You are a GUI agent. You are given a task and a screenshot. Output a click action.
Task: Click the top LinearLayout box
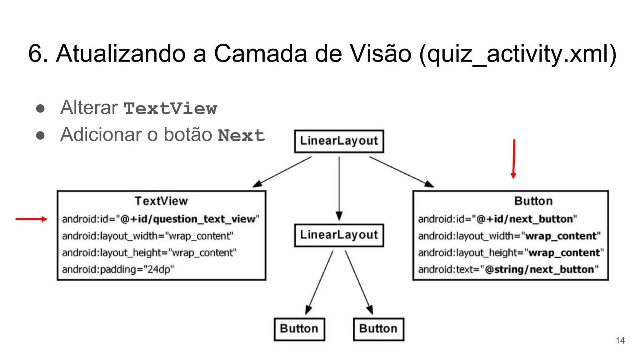[339, 141]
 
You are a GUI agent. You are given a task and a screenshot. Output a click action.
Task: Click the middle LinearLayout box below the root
[339, 235]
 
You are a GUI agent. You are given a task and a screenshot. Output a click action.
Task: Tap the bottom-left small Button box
[299, 329]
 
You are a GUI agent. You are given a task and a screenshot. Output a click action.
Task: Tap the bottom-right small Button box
[378, 329]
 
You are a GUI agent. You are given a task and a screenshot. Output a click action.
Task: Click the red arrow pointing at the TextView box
[31, 219]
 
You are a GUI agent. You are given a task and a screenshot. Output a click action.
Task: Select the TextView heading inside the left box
[161, 201]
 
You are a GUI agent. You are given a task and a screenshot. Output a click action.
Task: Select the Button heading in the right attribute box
[533, 201]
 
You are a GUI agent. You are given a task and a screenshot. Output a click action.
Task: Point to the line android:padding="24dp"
[118, 269]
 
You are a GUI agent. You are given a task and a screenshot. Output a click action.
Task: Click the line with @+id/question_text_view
[161, 219]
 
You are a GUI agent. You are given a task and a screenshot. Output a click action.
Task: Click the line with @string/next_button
[508, 269]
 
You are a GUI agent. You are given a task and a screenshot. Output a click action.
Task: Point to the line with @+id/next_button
[497, 219]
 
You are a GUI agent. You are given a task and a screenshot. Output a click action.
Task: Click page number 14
[620, 340]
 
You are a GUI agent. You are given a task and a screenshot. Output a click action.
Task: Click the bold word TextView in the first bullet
[170, 109]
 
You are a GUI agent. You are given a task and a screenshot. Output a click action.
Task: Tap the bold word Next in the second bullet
[241, 136]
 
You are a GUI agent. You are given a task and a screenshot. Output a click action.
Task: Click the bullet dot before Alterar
[40, 108]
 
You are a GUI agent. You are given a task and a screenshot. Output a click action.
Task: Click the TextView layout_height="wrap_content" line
[149, 252]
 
